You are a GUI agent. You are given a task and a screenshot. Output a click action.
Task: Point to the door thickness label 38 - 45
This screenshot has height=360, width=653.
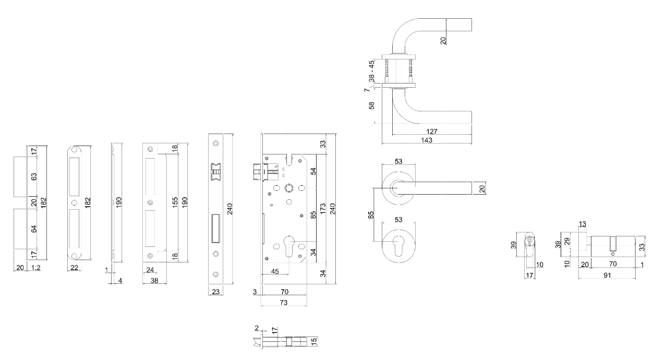tap(371, 70)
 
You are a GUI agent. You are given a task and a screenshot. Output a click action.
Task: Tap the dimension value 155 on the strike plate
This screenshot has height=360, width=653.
tap(175, 201)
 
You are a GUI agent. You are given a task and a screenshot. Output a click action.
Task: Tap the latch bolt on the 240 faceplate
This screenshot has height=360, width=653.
tap(215, 172)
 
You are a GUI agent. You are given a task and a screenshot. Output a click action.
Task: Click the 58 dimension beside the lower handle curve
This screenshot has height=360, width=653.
tap(371, 106)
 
